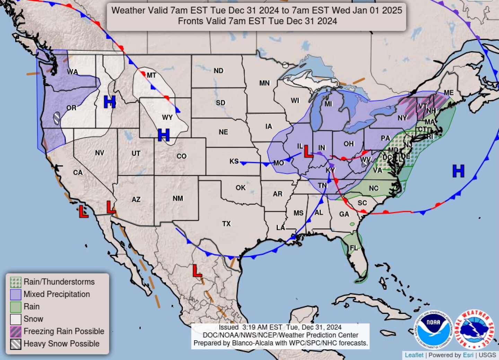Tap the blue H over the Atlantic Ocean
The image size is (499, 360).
click(458, 171)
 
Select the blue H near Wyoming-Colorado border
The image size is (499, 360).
click(164, 135)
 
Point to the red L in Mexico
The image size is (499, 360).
click(197, 271)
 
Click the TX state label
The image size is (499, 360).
click(226, 224)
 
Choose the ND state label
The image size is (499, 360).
click(218, 71)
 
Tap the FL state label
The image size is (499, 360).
click(353, 248)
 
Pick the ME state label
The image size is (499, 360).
click(449, 93)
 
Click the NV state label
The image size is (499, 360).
click(99, 153)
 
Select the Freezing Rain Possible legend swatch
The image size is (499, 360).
click(16, 332)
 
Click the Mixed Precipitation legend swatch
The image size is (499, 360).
click(16, 295)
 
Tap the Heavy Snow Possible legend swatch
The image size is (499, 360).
click(16, 344)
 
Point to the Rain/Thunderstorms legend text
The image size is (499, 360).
click(59, 282)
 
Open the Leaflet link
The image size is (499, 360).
click(414, 355)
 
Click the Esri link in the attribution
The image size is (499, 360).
click(468, 355)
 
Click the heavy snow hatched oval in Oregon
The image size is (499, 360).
click(56, 118)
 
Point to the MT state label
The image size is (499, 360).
click(151, 75)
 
